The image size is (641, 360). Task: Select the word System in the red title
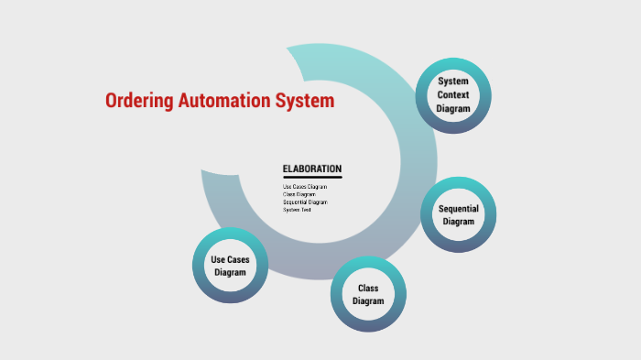click(305, 101)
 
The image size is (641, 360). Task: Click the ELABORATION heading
click(312, 169)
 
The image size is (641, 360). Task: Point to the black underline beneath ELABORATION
click(312, 177)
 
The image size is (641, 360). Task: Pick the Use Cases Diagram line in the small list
click(305, 187)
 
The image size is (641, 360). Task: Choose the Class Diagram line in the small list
click(299, 194)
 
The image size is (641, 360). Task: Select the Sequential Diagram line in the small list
click(305, 202)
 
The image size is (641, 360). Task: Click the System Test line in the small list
click(298, 210)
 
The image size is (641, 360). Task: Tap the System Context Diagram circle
click(453, 95)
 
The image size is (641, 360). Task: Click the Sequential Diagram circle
click(459, 215)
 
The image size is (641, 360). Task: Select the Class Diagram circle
click(368, 295)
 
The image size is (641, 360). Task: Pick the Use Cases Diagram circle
click(230, 266)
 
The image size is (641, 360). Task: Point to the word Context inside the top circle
click(453, 95)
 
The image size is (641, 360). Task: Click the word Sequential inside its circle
click(459, 209)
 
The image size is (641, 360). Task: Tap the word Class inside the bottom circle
click(368, 289)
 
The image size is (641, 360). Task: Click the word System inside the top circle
click(453, 82)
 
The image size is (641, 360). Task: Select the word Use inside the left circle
click(218, 259)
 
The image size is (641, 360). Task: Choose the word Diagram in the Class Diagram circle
click(368, 301)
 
